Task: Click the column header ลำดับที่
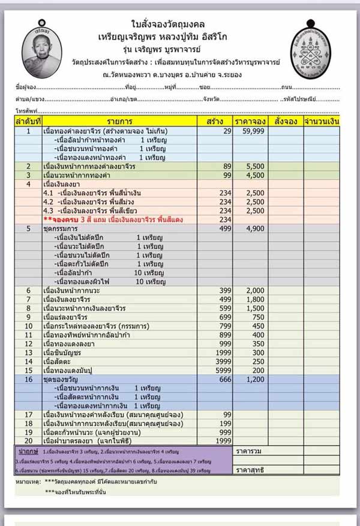pos(26,121)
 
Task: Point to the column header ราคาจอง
pos(251,121)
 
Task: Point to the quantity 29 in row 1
pos(227,130)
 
